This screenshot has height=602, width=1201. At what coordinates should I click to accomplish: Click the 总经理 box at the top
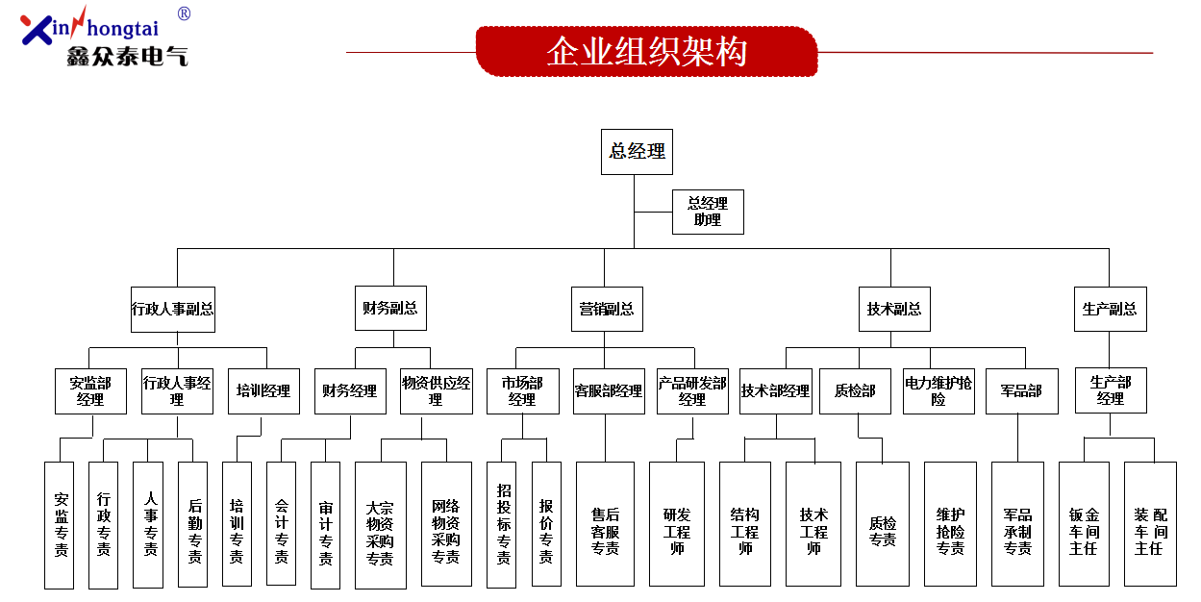tap(637, 152)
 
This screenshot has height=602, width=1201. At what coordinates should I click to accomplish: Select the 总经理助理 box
tap(708, 212)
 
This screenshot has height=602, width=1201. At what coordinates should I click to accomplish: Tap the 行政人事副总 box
tap(173, 310)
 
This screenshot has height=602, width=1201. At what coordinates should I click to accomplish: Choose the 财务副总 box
tap(390, 309)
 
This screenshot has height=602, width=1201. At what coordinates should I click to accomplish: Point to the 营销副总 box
tap(607, 309)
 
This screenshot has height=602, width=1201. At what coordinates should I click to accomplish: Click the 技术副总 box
tap(894, 309)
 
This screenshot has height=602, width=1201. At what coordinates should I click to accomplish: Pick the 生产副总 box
tap(1111, 309)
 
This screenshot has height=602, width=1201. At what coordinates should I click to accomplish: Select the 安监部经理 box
tap(90, 390)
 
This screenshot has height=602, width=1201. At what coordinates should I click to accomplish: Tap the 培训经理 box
tap(263, 390)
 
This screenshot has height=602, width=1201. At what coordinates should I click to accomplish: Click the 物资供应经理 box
tap(437, 390)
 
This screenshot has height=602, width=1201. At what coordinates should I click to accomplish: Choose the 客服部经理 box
tap(609, 390)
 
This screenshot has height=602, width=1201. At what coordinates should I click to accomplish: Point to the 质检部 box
tap(855, 390)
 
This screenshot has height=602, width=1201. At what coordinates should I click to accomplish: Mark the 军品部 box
tap(1022, 390)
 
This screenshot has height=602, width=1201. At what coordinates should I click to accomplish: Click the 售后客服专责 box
tap(606, 524)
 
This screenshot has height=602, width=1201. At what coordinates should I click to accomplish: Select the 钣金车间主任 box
tap(1084, 524)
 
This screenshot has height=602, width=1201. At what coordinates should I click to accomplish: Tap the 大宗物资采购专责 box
tap(381, 525)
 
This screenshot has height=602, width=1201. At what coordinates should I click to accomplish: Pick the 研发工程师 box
tap(677, 524)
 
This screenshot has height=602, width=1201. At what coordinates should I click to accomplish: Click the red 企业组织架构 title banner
tap(646, 52)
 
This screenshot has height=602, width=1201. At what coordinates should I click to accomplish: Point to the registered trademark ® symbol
tap(184, 13)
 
